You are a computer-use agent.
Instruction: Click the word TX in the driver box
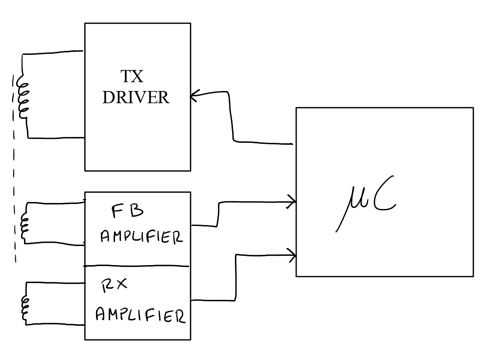(x=132, y=77)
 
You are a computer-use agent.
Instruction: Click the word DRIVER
(x=136, y=97)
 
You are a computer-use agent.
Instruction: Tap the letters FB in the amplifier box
(x=127, y=211)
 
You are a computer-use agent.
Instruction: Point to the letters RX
(x=114, y=286)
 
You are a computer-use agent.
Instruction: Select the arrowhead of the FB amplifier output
(x=292, y=201)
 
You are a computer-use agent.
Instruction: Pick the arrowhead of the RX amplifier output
(x=292, y=254)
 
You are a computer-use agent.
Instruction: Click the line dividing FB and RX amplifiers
(x=137, y=266)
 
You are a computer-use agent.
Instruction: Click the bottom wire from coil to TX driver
(x=56, y=137)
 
